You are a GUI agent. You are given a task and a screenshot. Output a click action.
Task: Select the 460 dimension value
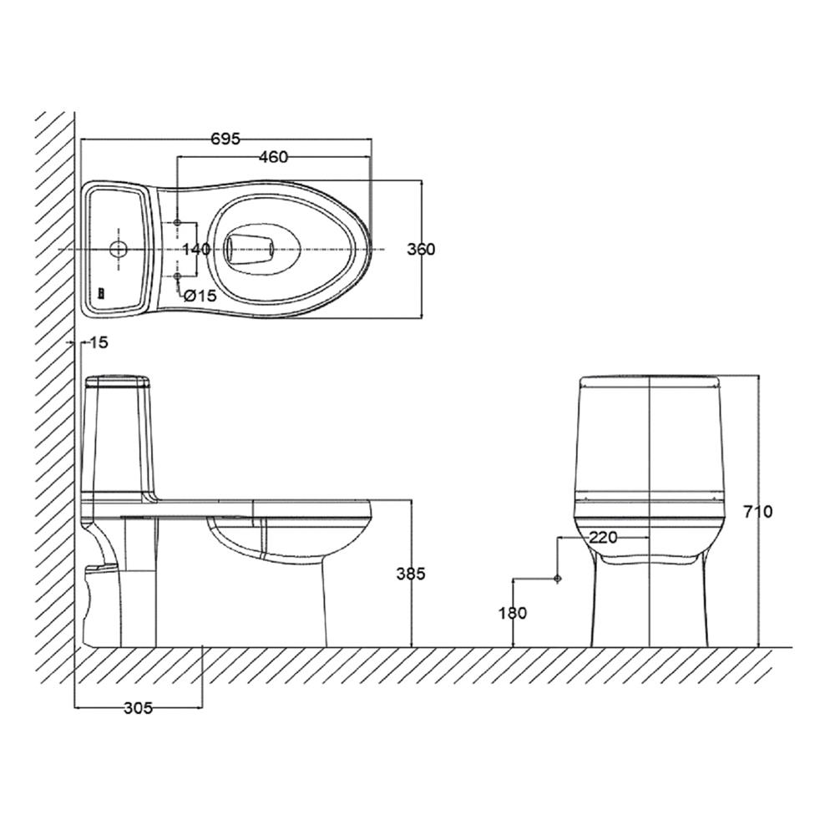(273, 156)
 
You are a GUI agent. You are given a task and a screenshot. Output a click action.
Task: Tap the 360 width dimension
(421, 249)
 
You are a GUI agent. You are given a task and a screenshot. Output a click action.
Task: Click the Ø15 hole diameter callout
(200, 295)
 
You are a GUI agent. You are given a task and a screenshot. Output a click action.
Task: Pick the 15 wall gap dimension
(98, 342)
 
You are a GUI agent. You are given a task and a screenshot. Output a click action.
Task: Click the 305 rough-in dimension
(138, 708)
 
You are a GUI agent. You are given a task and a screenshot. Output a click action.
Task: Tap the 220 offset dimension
(603, 538)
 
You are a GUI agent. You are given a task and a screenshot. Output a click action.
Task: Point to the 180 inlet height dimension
(513, 613)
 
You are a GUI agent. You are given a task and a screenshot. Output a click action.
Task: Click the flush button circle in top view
(118, 249)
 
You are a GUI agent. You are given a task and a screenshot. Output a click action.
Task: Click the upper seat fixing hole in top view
(179, 223)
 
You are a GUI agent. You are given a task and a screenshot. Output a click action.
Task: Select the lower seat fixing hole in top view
(179, 276)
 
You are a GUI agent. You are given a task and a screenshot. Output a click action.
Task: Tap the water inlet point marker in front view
(557, 578)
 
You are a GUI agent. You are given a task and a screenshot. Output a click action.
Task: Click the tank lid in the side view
(118, 383)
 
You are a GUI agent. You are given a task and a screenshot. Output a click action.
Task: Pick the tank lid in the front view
(650, 382)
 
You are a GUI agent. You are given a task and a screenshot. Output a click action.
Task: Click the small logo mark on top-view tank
(101, 293)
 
